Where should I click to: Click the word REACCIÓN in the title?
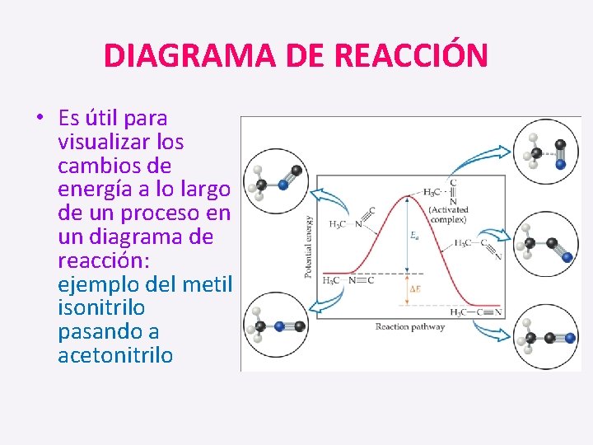[x=412, y=56]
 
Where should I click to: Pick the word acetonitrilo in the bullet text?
[x=115, y=355]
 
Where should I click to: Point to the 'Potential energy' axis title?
[x=310, y=246]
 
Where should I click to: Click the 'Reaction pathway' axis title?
[x=410, y=326]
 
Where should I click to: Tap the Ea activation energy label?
[x=414, y=235]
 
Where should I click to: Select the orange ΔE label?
[x=415, y=289]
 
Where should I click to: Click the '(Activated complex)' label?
[x=448, y=215]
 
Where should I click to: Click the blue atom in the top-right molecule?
[x=560, y=164]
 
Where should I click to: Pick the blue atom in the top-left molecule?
[x=282, y=185]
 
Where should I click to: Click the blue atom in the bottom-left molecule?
[x=280, y=326]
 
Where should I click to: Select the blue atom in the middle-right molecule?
[x=567, y=258]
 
